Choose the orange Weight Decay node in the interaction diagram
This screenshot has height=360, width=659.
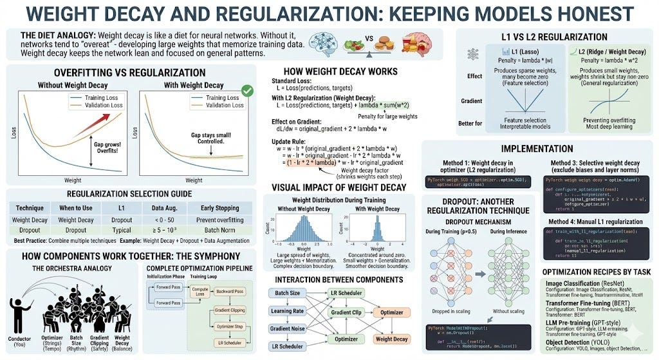click(392, 339)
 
